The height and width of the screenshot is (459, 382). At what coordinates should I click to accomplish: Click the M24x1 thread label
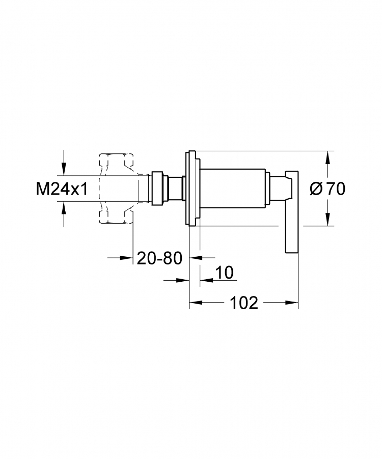click(62, 189)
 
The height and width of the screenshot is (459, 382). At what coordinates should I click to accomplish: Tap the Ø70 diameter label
click(328, 189)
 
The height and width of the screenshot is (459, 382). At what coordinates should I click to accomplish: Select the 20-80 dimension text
click(159, 258)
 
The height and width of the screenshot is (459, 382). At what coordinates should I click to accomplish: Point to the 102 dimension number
click(244, 303)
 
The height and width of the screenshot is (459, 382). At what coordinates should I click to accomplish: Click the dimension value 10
click(225, 273)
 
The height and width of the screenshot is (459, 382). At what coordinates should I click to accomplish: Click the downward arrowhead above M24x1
click(64, 170)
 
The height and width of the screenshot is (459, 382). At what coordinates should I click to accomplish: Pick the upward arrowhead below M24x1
click(64, 208)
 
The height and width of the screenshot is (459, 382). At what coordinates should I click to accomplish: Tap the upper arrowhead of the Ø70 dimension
click(328, 157)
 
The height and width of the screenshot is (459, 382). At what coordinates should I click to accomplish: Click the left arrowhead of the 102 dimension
click(196, 303)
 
